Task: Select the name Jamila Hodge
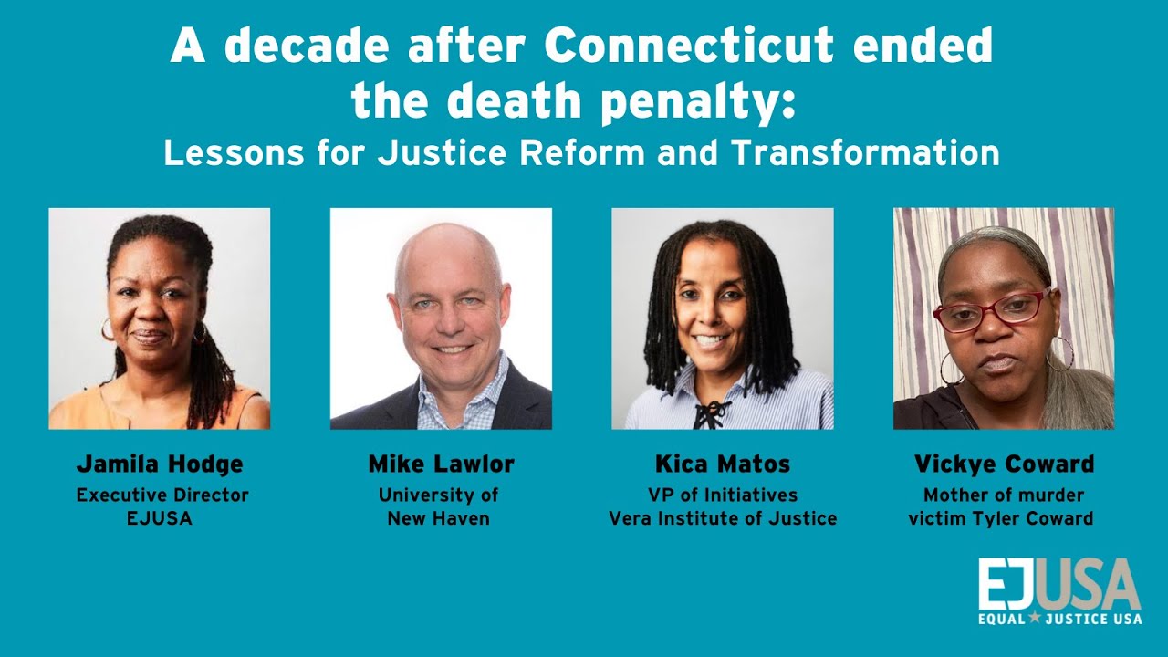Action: (160, 464)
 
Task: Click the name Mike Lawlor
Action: (441, 464)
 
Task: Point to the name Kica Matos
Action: (723, 464)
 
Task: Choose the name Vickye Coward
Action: (1004, 464)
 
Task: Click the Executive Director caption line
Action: (162, 495)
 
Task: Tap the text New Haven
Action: (439, 518)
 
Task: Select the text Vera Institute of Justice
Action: (723, 518)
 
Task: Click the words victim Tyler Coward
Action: (1001, 518)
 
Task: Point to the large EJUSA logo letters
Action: (1058, 584)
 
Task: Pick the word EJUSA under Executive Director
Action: (160, 518)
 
